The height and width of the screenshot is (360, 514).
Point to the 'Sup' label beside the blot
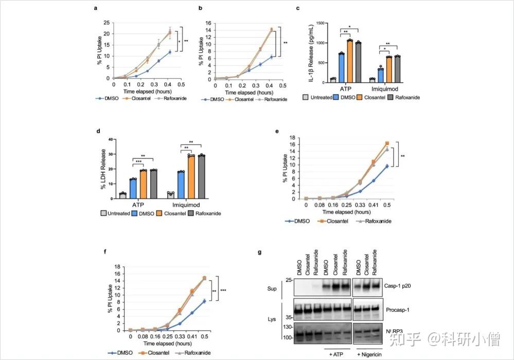(x=272, y=288)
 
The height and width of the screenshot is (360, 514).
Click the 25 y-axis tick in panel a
(x=107, y=22)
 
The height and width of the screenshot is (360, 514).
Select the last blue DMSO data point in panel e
(x=387, y=166)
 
